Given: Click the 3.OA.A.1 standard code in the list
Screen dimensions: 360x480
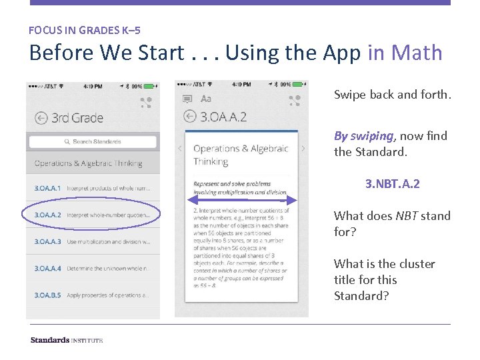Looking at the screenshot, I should [x=47, y=189].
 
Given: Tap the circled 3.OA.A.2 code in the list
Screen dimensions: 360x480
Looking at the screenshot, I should [x=48, y=215].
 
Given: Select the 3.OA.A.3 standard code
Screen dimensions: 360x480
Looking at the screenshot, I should [x=48, y=242].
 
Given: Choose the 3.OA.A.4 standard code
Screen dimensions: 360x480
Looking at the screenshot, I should [x=48, y=269].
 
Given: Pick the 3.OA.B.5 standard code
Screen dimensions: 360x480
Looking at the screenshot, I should [x=48, y=295].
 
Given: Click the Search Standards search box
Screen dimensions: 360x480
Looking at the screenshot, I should [x=93, y=142].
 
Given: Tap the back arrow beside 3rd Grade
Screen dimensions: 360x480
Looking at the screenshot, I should [x=41, y=118].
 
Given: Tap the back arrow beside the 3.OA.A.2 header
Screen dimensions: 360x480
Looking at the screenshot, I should [x=189, y=117].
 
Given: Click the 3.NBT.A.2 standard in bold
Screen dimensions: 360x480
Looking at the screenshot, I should [x=392, y=184].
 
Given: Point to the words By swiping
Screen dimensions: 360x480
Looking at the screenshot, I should [x=363, y=136].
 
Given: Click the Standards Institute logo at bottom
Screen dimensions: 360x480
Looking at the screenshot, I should [x=66, y=340].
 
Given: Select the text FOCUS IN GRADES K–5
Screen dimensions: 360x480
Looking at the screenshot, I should [x=84, y=30].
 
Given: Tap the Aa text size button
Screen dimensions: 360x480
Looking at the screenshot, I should [x=206, y=99].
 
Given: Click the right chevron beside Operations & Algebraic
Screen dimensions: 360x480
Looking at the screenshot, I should [x=303, y=148].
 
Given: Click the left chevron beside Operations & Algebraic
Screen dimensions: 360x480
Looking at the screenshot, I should [x=180, y=148].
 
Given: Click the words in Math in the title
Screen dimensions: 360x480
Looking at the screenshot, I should [x=405, y=53].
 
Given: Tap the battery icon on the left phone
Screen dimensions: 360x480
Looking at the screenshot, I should [x=151, y=86].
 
